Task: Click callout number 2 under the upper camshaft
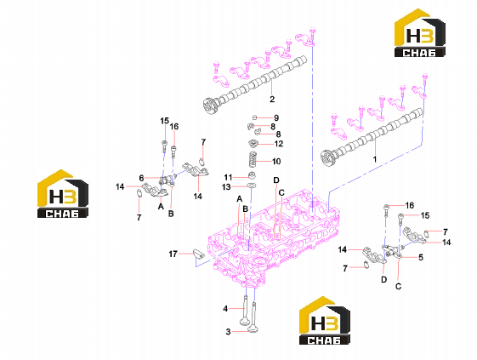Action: [x=272, y=99]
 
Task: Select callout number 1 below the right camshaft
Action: [x=375, y=159]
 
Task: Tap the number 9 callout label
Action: [x=276, y=117]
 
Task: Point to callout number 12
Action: [x=279, y=144]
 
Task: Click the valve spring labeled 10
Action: [x=253, y=159]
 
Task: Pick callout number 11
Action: [x=228, y=177]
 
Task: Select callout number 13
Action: [x=226, y=187]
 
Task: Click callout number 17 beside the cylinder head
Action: [x=173, y=254]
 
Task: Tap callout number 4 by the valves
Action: [x=225, y=309]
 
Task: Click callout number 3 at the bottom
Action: [x=228, y=332]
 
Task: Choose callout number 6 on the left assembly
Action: [x=141, y=178]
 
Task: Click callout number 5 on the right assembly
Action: [x=421, y=257]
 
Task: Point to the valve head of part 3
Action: [x=253, y=329]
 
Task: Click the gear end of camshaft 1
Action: [x=327, y=158]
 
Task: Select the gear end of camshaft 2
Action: [x=210, y=106]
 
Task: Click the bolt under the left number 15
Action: [x=164, y=146]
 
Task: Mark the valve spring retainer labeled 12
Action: [x=253, y=143]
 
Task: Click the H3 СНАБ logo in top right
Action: [x=420, y=33]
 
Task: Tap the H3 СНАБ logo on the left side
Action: [x=63, y=194]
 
